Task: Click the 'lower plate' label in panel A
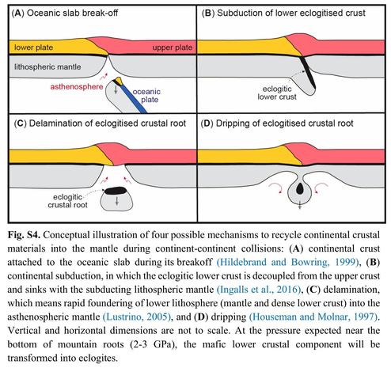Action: (x=33, y=47)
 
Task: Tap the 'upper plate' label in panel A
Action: (x=173, y=47)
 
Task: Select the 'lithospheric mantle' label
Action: (x=47, y=66)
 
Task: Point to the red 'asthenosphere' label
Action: (x=77, y=87)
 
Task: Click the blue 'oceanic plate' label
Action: (x=146, y=96)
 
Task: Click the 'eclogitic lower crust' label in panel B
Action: (x=277, y=93)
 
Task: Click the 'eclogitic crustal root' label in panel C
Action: (x=67, y=201)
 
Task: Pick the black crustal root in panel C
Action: (x=116, y=190)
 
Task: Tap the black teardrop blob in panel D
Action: (x=300, y=188)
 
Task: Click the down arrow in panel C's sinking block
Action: (x=117, y=202)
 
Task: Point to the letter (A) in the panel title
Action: (x=18, y=13)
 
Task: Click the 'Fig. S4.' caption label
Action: (x=24, y=234)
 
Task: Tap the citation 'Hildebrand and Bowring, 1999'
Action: (x=288, y=262)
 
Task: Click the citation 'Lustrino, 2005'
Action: (x=136, y=317)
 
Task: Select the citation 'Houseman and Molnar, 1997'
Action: (x=313, y=317)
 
